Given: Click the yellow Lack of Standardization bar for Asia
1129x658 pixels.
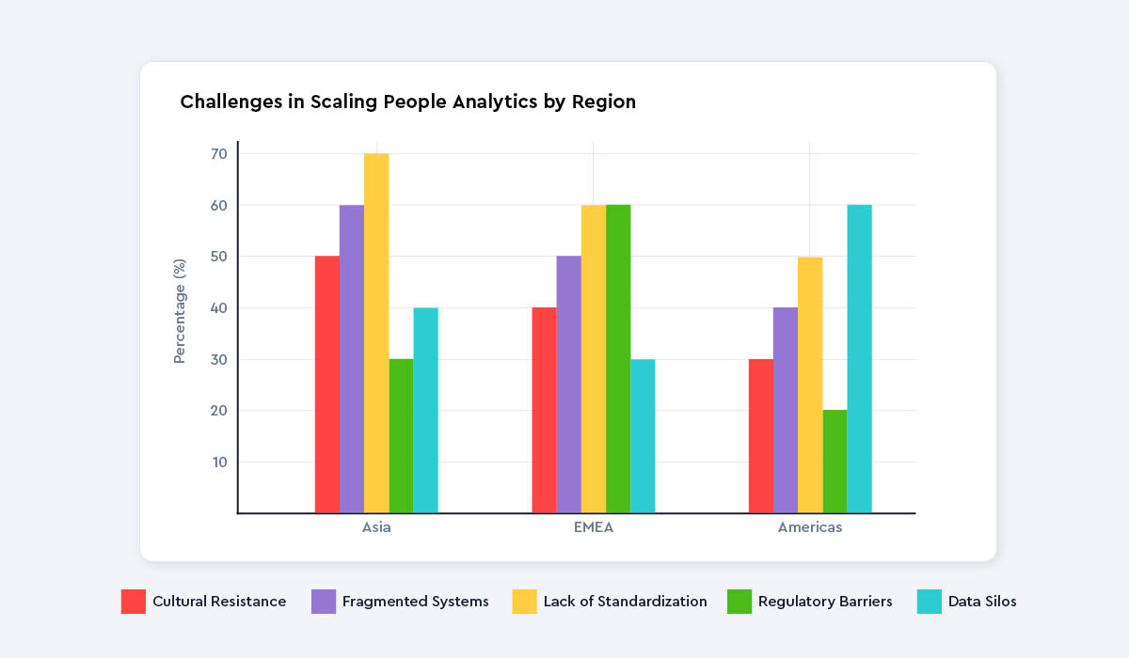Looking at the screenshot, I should coord(376,334).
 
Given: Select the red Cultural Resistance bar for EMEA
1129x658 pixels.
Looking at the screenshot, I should coord(544,410).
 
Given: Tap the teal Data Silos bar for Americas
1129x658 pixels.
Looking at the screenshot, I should coord(859,359).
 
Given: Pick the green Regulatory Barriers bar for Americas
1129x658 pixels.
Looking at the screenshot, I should coord(835,462).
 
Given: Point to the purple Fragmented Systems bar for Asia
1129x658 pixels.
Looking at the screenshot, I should coord(352,359).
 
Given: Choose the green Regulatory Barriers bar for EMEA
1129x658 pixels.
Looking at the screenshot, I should coord(618,359).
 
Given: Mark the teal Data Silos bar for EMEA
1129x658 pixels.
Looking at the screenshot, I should coord(643,436).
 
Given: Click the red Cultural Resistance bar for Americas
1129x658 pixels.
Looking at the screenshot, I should coord(760,436).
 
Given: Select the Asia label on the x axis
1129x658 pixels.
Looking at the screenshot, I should coord(376,527).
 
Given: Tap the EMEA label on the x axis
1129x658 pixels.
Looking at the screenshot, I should coord(593,527).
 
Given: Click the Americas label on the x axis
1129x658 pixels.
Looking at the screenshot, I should coord(810,527).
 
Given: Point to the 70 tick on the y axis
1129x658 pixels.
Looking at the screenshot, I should coord(218,153).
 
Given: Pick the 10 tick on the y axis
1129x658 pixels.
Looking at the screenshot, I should coord(218,462).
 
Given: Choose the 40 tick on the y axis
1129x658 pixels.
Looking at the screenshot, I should coord(218,307).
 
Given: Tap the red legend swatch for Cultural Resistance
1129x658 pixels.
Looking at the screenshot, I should coord(134,602).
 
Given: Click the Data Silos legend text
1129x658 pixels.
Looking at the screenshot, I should coord(981,602).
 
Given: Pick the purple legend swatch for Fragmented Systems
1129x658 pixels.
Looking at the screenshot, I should coord(324,602).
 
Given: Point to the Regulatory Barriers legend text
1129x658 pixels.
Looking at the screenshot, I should coord(825,602).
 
